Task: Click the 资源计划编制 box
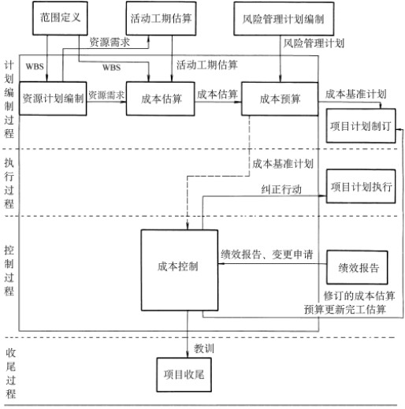tap(53, 99)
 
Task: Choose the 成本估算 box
tap(160, 99)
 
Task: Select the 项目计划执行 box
tap(360, 187)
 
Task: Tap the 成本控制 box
tap(177, 266)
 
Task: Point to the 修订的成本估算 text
tap(359, 296)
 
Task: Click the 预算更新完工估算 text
tap(345, 310)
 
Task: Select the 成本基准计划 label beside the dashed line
tap(283, 164)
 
